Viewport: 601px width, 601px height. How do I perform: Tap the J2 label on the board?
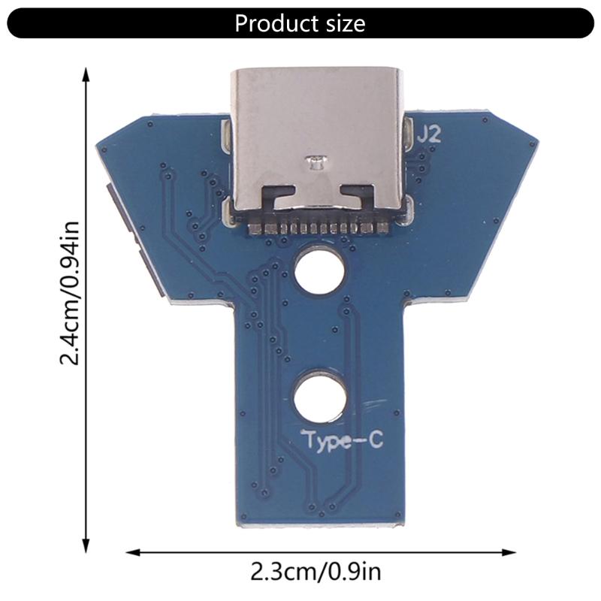pyautogui.click(x=429, y=135)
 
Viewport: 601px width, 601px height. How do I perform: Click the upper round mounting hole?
pyautogui.click(x=319, y=272)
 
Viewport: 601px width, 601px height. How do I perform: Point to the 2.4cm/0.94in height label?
pyautogui.click(x=70, y=292)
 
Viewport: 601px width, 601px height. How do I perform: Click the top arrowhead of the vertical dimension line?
pyautogui.click(x=86, y=74)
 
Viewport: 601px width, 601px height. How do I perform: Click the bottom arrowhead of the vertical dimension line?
pyautogui.click(x=86, y=546)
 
